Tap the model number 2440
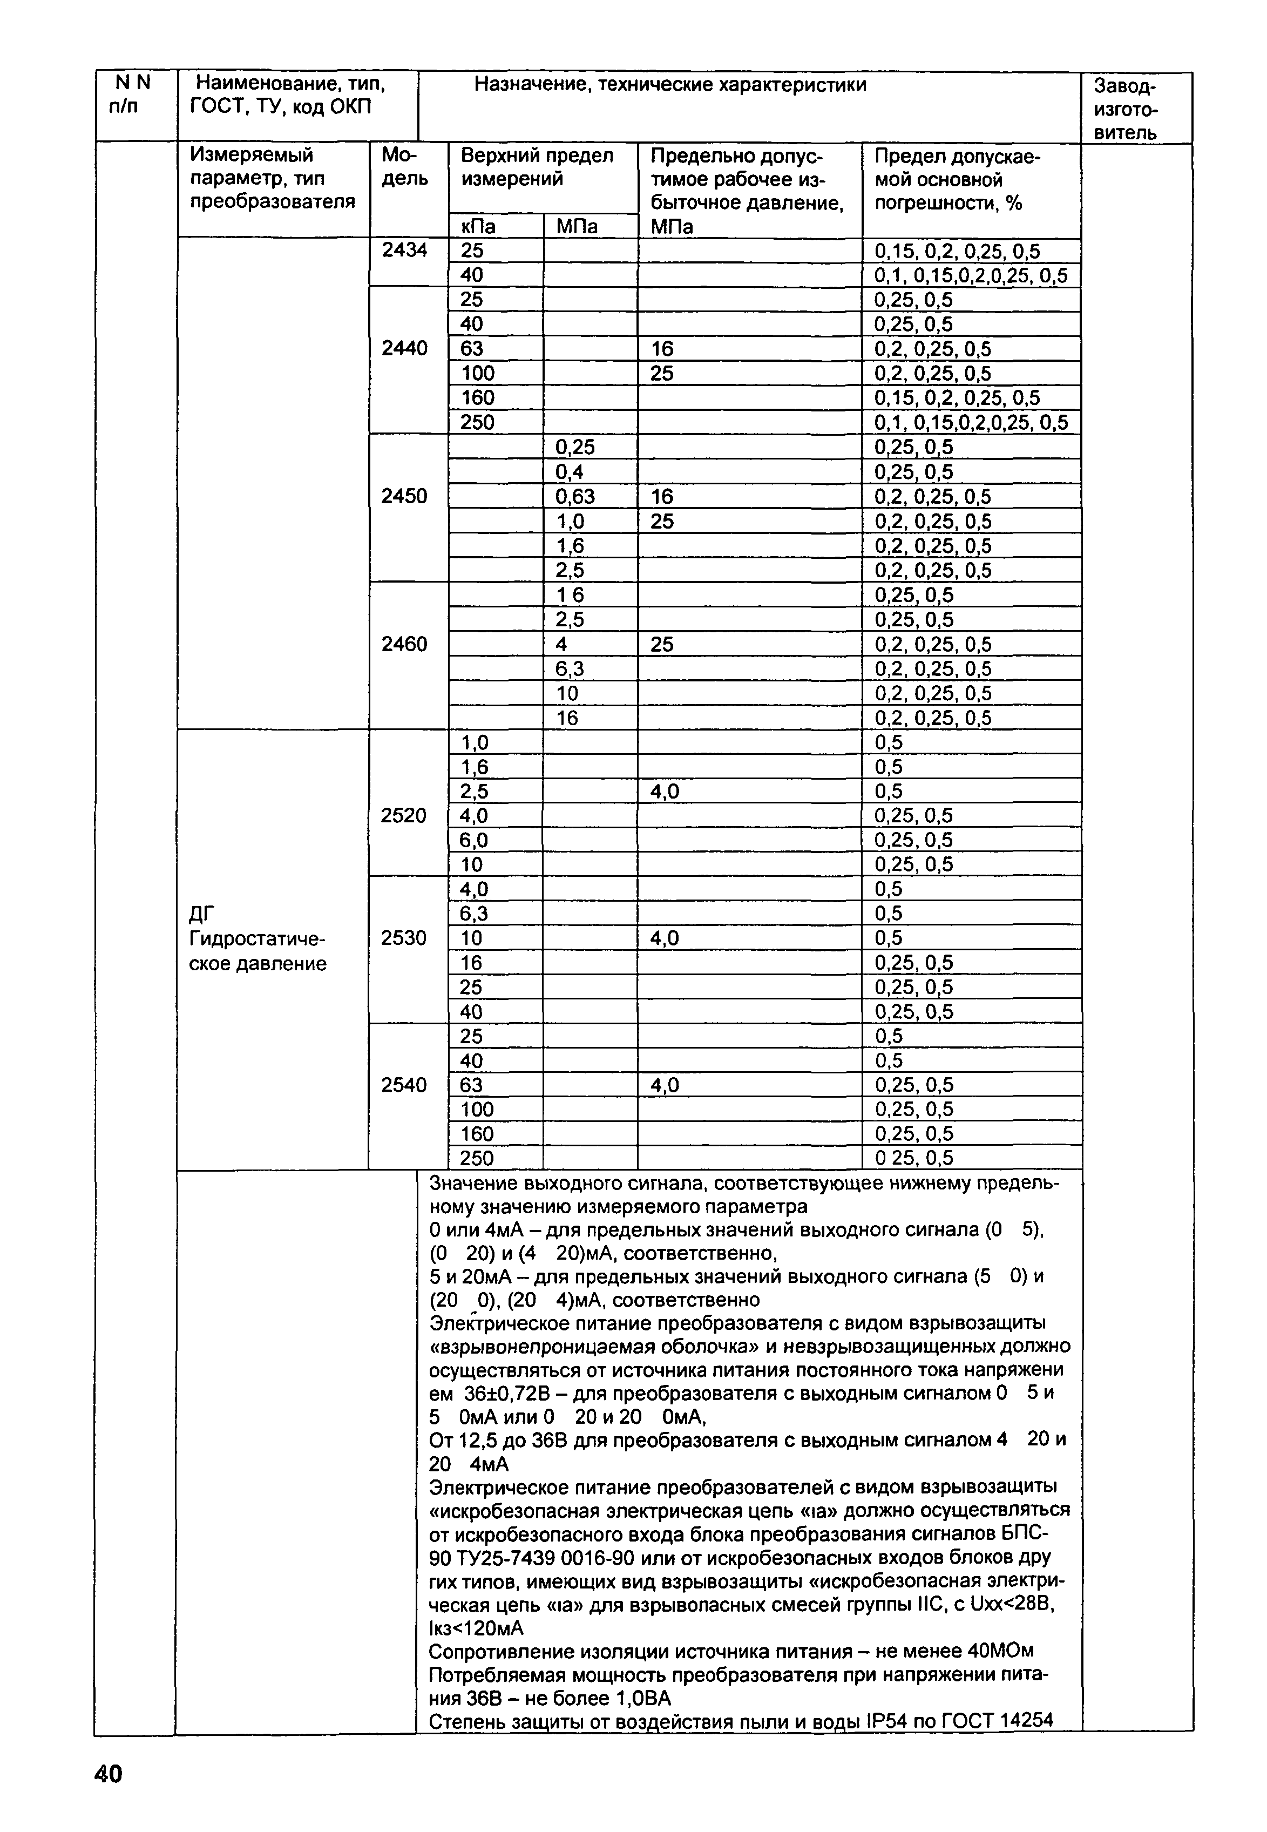(405, 348)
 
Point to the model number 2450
(405, 496)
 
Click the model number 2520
(404, 815)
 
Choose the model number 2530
(404, 938)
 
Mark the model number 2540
(404, 1085)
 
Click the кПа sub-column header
(479, 227)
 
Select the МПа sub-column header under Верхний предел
(577, 227)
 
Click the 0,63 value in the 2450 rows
(575, 497)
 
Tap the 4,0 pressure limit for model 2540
(665, 1085)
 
